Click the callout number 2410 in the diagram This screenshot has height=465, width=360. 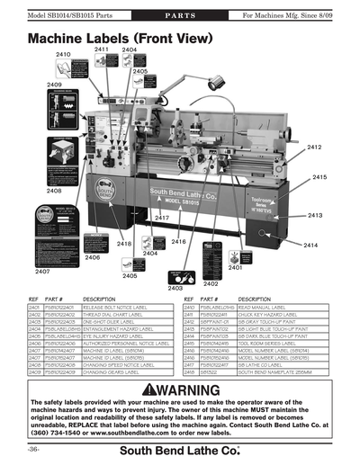[63, 55]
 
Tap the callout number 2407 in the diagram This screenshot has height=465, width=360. [42, 270]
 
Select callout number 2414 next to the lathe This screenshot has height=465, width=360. [310, 245]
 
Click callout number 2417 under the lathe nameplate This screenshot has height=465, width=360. [162, 219]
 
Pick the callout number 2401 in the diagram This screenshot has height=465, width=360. [235, 267]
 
